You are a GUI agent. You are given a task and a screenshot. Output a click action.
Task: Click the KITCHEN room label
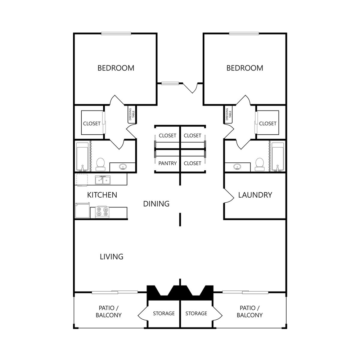102,195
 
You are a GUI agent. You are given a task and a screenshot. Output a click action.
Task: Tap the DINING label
156,204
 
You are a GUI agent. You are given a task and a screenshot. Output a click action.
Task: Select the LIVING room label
112,257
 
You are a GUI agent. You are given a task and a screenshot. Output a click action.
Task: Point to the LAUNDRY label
255,195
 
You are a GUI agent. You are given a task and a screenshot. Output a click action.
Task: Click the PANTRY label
167,163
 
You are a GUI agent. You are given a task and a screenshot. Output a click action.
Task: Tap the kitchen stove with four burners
102,212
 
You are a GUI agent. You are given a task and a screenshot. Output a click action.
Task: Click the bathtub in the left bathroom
82,157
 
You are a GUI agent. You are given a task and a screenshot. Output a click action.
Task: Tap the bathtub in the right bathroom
278,157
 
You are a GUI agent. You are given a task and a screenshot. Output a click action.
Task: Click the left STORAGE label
164,313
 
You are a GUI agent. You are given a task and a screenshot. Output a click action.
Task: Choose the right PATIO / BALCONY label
249,312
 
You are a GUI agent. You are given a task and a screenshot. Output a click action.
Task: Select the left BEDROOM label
116,68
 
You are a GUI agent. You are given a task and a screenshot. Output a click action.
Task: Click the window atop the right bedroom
244,33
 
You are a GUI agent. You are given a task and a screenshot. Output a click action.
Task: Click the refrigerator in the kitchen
82,211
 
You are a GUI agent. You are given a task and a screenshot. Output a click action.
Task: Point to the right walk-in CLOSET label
267,123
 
